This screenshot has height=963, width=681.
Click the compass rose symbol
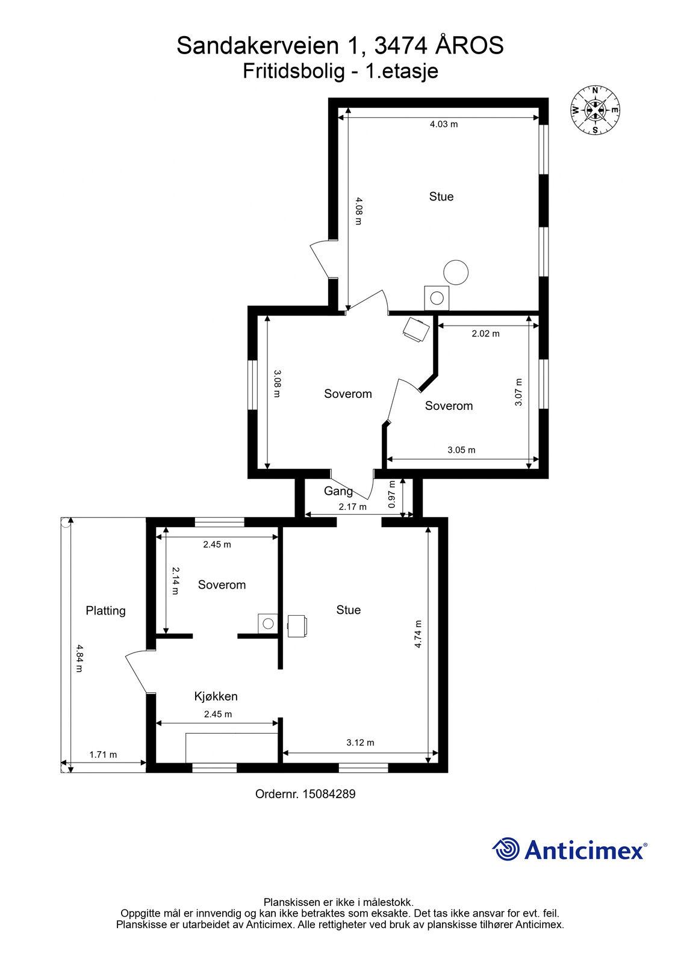click(595, 110)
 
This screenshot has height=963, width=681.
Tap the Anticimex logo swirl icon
click(506, 849)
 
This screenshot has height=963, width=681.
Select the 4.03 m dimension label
click(444, 124)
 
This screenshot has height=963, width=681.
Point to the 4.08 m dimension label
click(359, 211)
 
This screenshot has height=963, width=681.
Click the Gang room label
click(338, 491)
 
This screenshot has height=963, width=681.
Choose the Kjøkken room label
click(216, 696)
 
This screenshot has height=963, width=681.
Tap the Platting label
click(105, 610)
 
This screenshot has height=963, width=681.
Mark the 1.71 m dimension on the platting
click(103, 755)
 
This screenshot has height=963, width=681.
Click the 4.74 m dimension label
click(418, 634)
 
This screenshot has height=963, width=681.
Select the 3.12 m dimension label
click(360, 743)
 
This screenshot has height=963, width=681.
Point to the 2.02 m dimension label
click(486, 333)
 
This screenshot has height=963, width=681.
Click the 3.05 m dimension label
click(461, 450)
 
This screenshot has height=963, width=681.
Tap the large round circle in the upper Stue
click(456, 272)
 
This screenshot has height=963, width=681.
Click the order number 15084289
click(329, 794)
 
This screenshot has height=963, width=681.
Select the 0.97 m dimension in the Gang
click(391, 494)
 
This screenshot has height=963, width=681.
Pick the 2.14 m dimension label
click(175, 581)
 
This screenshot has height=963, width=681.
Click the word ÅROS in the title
click(469, 45)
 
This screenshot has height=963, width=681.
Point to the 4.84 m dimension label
click(79, 658)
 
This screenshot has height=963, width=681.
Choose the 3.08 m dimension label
click(276, 383)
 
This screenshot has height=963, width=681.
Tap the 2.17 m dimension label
click(352, 507)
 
